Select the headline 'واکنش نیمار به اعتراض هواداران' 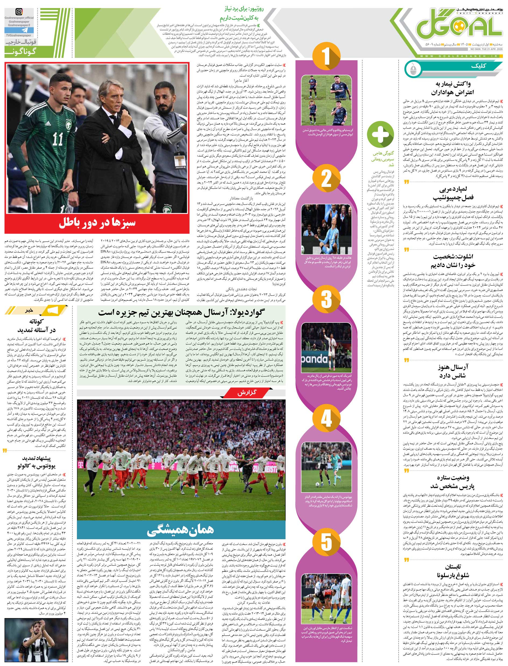[x=453, y=88]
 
